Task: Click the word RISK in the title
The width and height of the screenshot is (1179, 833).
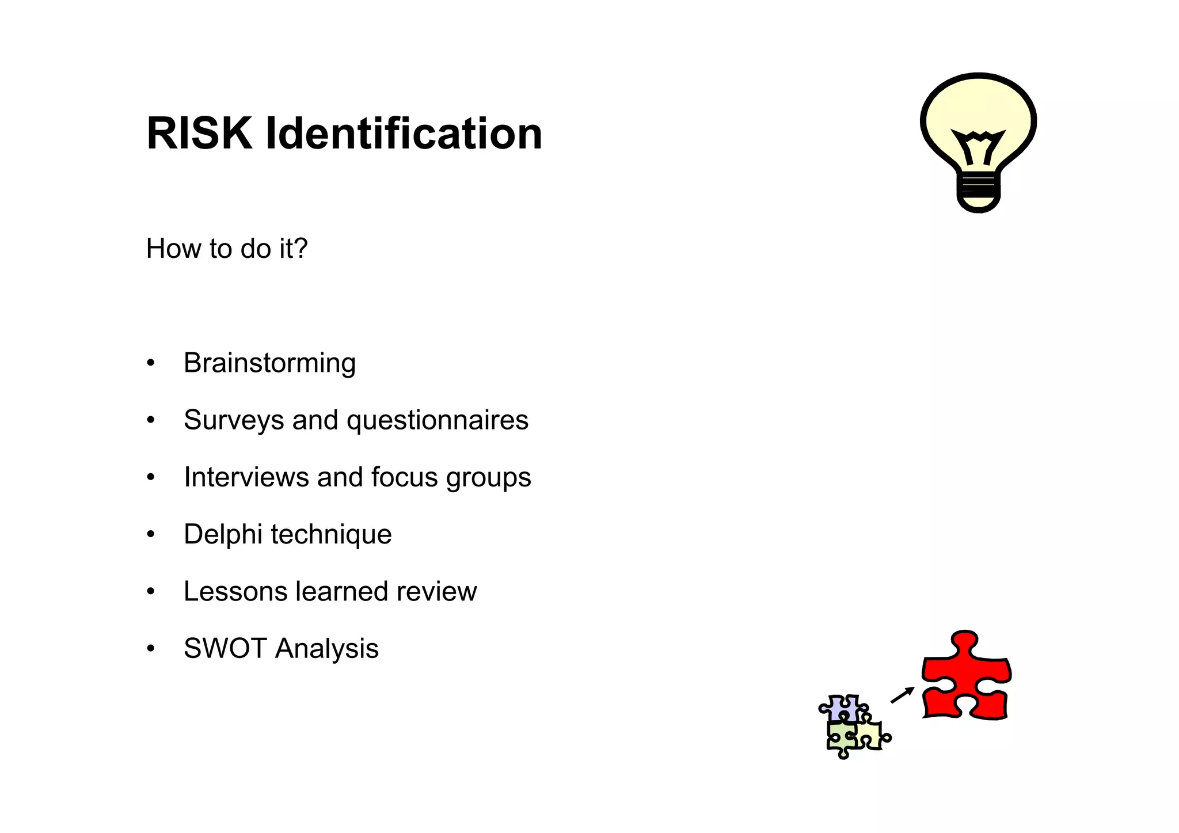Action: pos(199,134)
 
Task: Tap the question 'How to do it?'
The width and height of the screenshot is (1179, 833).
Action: pos(227,249)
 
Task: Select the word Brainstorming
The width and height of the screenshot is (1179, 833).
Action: pos(269,363)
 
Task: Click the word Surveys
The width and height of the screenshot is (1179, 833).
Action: pos(233,420)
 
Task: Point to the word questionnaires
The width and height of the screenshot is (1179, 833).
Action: pos(438,420)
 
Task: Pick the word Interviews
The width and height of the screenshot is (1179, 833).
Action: pos(246,477)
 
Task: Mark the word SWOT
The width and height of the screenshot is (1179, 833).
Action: pos(225,648)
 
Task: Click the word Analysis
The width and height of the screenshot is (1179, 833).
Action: pos(327,648)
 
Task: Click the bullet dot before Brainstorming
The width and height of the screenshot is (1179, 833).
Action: pos(151,363)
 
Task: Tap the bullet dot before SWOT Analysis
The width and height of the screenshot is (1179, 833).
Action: pos(151,649)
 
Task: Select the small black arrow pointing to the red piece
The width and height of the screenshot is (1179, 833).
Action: pos(902,695)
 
